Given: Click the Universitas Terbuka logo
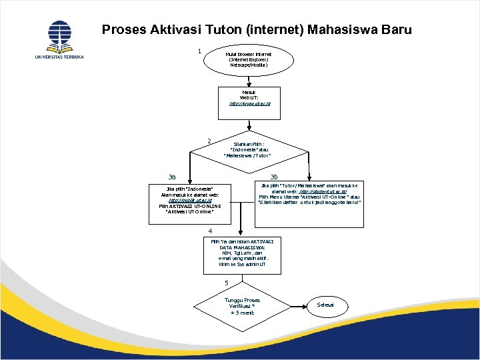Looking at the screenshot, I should click(x=59, y=39).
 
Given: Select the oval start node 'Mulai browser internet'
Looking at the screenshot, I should click(x=249, y=59).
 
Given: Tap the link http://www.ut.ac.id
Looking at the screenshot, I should click(x=249, y=104).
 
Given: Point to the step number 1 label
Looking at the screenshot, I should click(x=199, y=51).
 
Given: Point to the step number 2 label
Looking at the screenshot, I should click(x=209, y=141).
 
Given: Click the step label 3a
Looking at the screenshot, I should click(x=172, y=177).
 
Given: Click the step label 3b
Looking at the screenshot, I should click(x=274, y=177).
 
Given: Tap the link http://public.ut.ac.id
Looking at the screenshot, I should click(x=190, y=200).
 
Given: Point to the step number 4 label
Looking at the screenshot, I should click(x=209, y=231).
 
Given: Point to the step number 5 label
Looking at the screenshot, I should click(x=226, y=283).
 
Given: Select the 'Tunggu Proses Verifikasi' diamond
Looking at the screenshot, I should click(x=243, y=306).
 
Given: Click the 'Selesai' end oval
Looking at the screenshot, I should click(x=325, y=305).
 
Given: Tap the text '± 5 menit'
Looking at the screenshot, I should click(x=243, y=313).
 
